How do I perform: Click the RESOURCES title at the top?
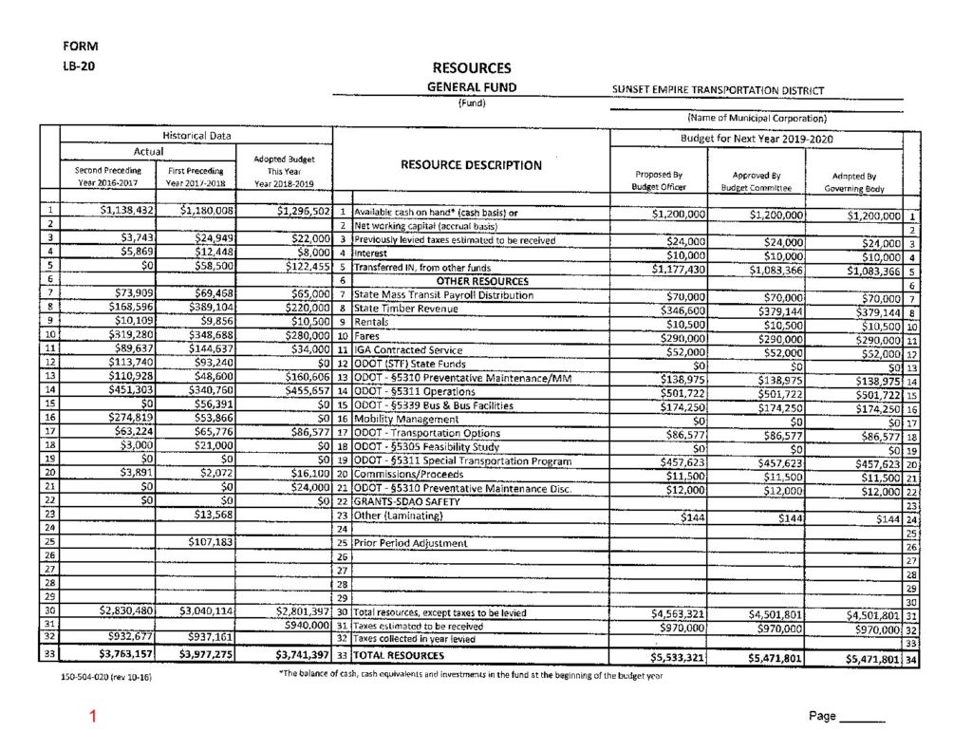[x=471, y=68]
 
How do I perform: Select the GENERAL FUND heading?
[x=471, y=87]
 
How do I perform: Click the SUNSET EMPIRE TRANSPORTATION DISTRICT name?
[x=719, y=92]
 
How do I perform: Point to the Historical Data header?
[x=196, y=136]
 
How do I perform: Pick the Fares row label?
[x=366, y=336]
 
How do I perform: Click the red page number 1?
[x=92, y=717]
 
